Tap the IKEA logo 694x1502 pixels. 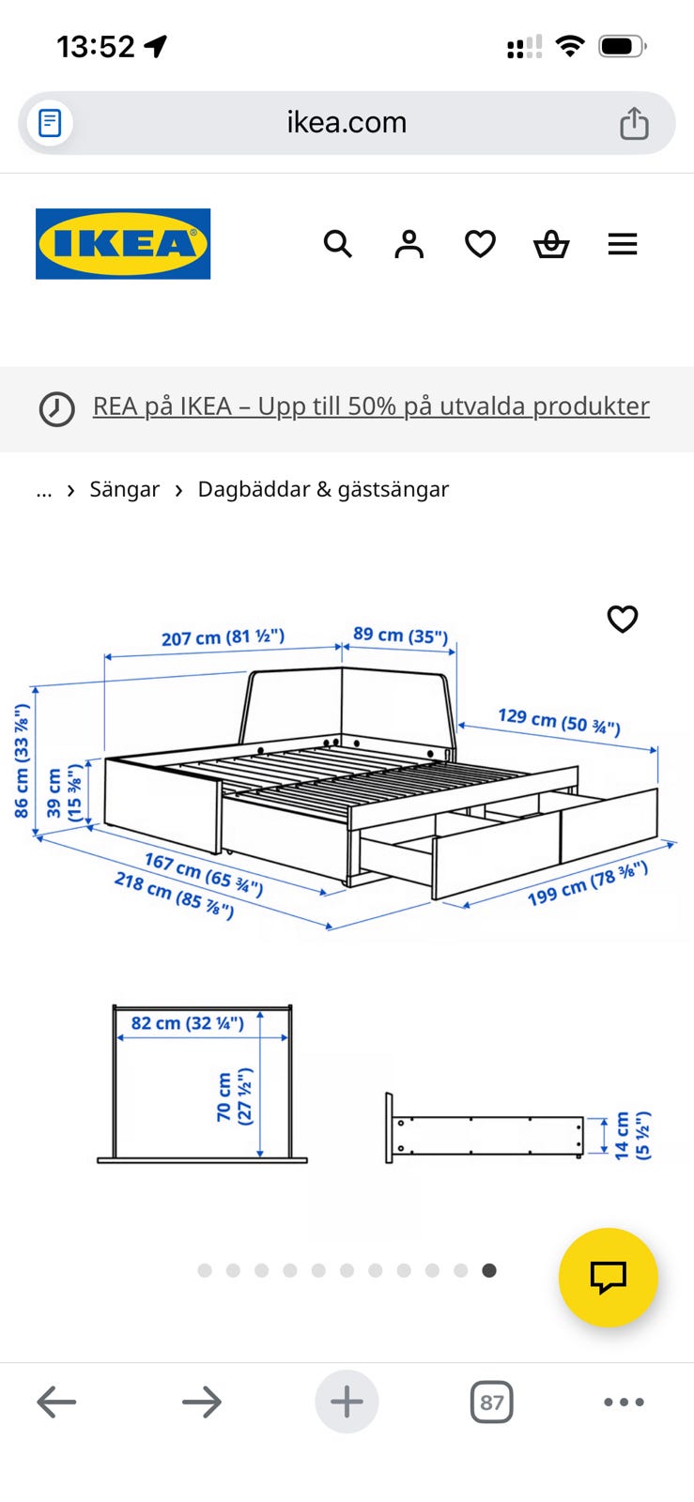123,243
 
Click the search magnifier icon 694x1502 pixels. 337,244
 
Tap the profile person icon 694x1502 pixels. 409,244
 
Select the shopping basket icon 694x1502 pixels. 551,244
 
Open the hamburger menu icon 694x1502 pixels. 623,244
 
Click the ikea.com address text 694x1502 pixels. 347,123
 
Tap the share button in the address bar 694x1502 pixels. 634,123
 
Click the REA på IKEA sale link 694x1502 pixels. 371,406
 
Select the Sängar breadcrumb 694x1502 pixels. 125,489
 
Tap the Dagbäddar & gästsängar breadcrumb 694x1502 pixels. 323,489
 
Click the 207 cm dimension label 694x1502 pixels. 223,637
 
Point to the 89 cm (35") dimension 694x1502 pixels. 400,635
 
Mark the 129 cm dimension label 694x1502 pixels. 559,721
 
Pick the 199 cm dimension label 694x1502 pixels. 587,883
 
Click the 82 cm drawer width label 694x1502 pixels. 187,1023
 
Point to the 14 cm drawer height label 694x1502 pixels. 632,1135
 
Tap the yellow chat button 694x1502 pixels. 609,1278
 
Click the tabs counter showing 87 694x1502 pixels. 491,1402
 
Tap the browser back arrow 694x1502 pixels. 56,1402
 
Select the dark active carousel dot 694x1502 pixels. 489,1270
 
